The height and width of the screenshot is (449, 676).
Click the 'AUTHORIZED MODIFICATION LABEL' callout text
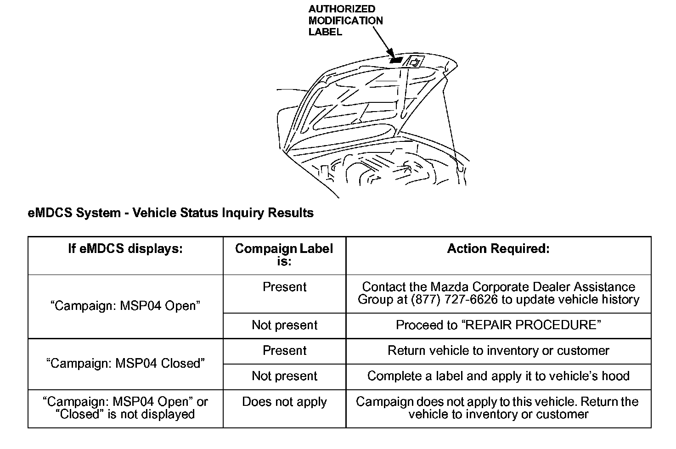click(345, 21)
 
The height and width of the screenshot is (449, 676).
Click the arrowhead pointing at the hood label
click(390, 53)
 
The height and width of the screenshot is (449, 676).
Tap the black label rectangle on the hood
click(396, 60)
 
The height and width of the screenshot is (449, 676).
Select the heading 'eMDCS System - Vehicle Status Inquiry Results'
click(170, 213)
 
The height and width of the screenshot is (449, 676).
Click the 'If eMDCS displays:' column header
click(125, 249)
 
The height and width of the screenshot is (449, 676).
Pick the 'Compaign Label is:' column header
click(284, 255)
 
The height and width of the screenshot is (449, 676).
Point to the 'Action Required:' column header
click(498, 249)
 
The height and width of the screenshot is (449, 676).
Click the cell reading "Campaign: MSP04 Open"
click(125, 306)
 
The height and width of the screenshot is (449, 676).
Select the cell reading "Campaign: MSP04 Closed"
click(125, 364)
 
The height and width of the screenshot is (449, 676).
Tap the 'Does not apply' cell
click(284, 402)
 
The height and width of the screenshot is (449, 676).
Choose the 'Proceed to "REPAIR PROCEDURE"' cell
click(498, 326)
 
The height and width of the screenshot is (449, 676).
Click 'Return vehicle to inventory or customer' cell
click(498, 351)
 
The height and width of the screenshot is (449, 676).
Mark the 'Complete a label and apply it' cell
click(498, 376)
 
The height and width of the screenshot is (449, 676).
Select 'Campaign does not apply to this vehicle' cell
click(498, 408)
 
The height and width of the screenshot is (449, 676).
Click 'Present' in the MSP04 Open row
click(284, 287)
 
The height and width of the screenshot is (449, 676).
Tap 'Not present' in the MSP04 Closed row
click(284, 376)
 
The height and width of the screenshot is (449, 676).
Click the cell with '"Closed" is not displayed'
click(125, 414)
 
